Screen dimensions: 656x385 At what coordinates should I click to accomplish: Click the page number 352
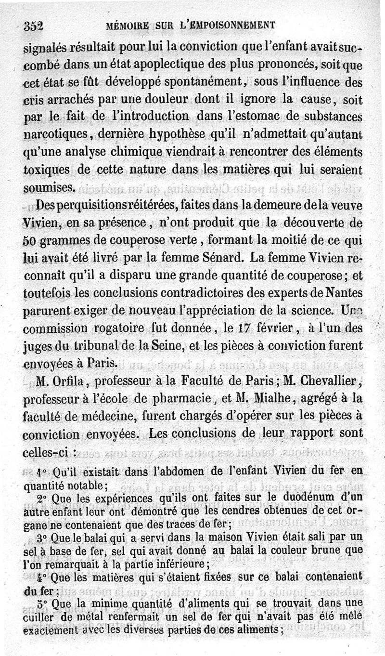pyautogui.click(x=33, y=27)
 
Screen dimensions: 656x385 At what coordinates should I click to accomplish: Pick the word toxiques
pyautogui.click(x=45, y=170)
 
